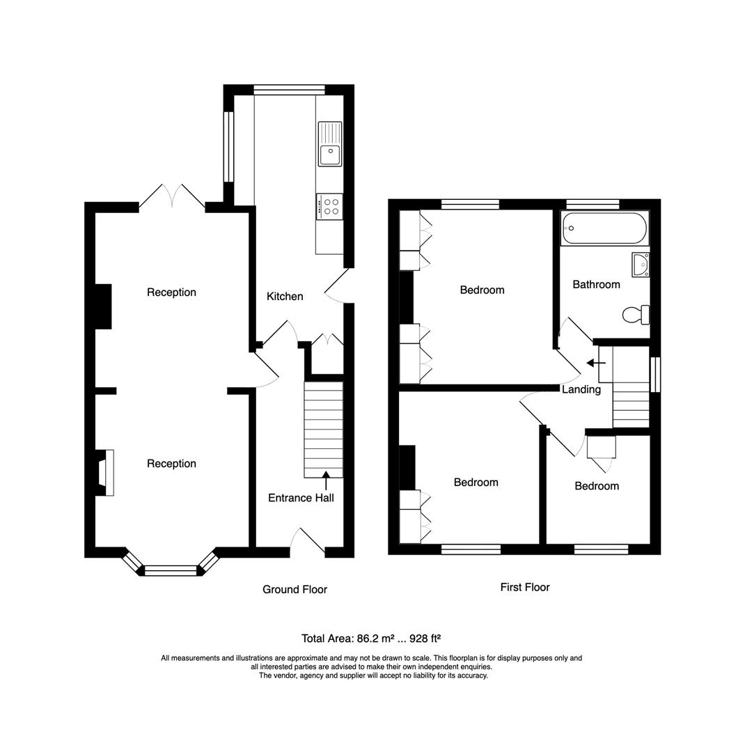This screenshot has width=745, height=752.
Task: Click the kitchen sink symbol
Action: click(330, 144)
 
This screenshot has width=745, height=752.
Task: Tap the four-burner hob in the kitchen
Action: click(329, 207)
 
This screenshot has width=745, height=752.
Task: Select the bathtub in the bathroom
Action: click(604, 228)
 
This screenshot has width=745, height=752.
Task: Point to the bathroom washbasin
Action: click(640, 265)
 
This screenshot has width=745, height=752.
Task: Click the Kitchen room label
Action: click(285, 297)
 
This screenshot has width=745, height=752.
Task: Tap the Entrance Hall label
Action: click(301, 498)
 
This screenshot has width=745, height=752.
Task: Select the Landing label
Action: click(581, 390)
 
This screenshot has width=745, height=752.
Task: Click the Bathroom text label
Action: click(596, 285)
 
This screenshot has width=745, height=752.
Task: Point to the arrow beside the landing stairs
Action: click(596, 363)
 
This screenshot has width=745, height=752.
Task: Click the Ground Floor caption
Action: click(295, 590)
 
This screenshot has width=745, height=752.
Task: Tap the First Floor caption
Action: click(525, 588)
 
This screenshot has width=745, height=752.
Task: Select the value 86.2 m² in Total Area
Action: click(376, 638)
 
